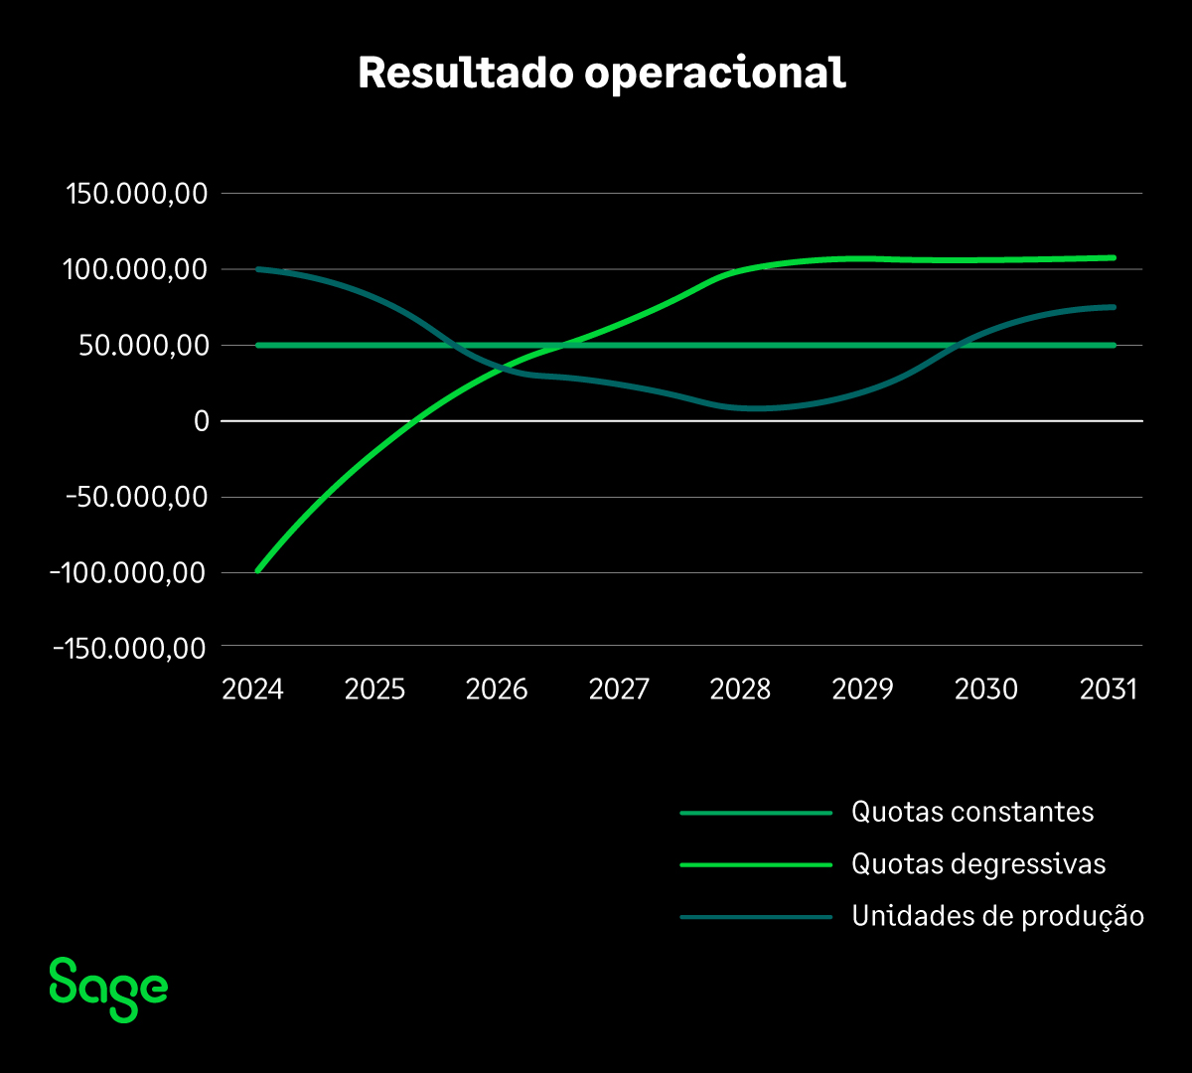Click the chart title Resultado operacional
[602, 74]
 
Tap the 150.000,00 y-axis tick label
[136, 194]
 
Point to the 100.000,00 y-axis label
[136, 269]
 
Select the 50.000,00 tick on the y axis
[144, 346]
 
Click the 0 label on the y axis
[201, 421]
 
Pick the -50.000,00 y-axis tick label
[135, 497]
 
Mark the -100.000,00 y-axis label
[129, 573]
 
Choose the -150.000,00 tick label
[129, 649]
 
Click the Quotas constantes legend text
[972, 813]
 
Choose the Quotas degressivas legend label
[978, 864]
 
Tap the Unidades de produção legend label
[997, 916]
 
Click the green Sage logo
[108, 989]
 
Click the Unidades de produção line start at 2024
[257, 269]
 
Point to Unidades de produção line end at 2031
[1114, 307]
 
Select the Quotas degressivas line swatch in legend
[755, 864]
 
